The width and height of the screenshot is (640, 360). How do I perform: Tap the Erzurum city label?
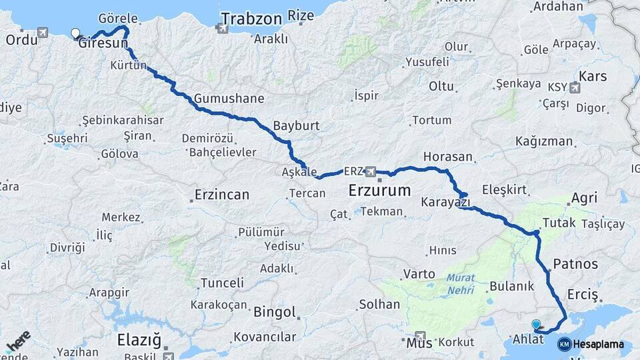[x=379, y=191]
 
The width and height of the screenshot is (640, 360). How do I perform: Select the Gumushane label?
[x=229, y=99]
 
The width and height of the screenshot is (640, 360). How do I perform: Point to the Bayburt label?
[x=297, y=125]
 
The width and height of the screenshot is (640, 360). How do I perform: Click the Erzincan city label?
[x=221, y=195]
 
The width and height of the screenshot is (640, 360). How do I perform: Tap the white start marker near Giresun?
[x=74, y=32]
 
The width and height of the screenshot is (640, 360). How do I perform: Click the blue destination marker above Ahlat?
[x=536, y=325]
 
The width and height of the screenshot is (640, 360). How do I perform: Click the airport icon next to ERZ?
[x=371, y=171]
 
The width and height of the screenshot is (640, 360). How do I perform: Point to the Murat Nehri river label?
[x=461, y=283]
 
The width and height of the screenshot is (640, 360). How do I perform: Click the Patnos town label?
[x=575, y=263]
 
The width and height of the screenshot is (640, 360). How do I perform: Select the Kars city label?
[x=593, y=75]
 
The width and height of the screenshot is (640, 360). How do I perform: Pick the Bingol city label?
[x=274, y=311]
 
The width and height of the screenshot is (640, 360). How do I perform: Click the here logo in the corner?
[x=18, y=341]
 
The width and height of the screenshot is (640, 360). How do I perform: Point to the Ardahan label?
[x=559, y=7]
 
